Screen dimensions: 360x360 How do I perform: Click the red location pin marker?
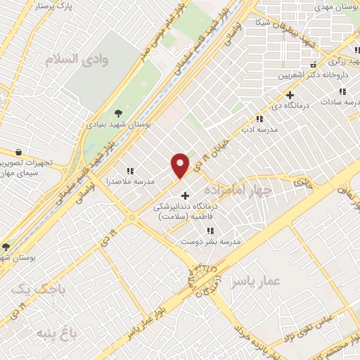tap(181, 165)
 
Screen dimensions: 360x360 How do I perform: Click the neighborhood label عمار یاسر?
tap(261, 281)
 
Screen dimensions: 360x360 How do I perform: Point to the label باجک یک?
tap(32, 289)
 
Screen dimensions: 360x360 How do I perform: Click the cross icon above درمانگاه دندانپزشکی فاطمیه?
tap(185, 195)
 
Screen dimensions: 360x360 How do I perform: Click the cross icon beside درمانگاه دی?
tap(290, 95)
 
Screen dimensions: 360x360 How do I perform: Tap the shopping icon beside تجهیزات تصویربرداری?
tap(18, 152)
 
